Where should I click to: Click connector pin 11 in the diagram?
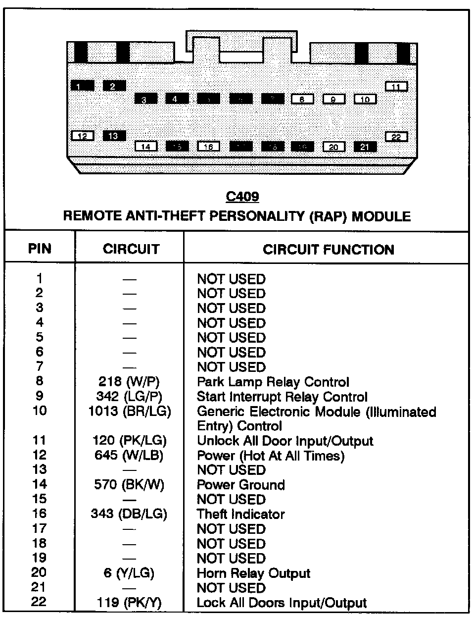396,87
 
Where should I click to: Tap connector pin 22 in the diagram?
396,137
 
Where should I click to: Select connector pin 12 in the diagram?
83,135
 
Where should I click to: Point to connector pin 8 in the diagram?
302,99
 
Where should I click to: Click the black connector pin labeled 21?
365,147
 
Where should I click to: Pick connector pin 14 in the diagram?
146,147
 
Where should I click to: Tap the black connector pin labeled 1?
82,86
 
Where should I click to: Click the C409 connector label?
242,197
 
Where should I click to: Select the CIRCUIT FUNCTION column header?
328,249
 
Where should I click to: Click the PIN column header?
40,248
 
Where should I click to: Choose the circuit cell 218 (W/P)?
129,382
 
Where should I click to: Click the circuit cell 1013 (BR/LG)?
130,412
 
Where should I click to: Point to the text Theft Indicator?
241,514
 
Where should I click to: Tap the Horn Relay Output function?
253,573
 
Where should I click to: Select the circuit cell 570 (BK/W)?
129,485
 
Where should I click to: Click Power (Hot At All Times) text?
270,455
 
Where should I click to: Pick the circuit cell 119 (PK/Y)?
130,603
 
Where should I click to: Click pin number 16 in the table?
40,514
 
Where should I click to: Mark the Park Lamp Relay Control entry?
273,382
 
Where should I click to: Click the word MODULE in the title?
381,216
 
